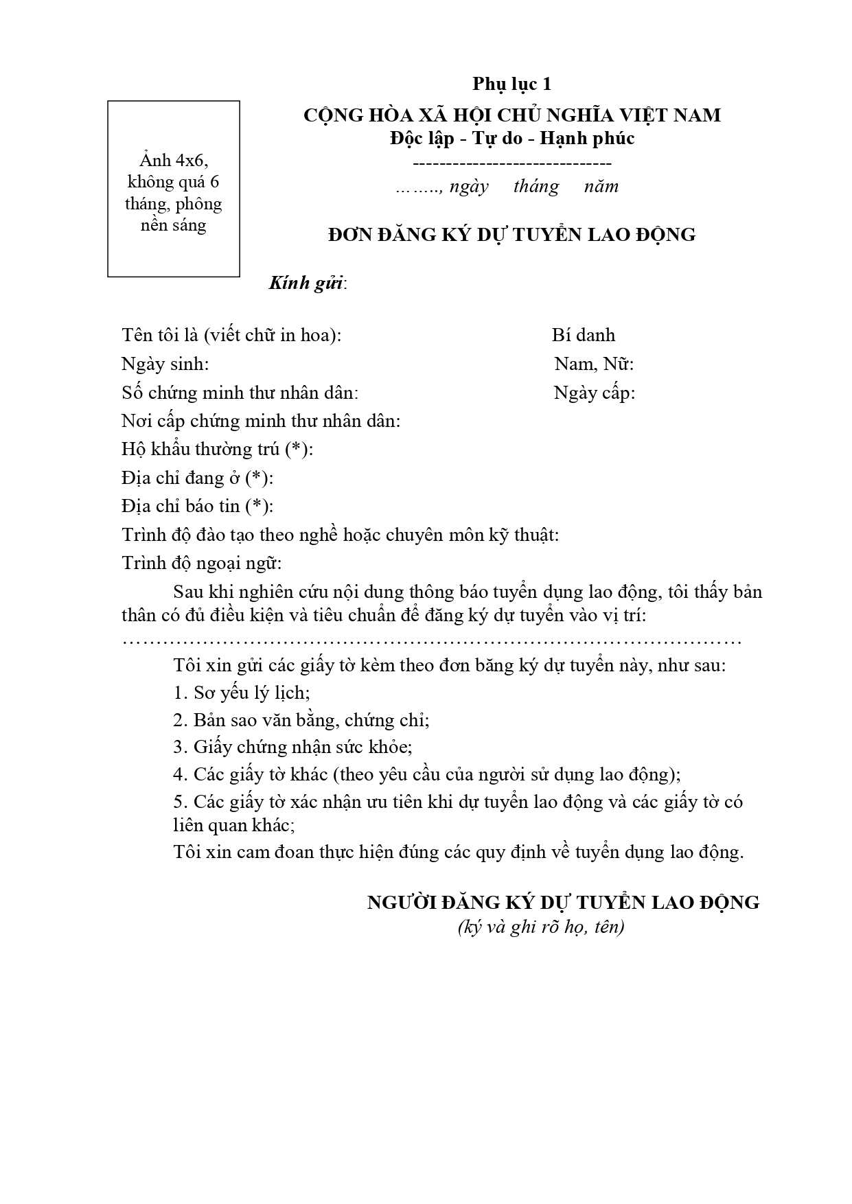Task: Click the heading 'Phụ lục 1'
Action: coord(511,84)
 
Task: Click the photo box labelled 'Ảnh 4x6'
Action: coord(173,189)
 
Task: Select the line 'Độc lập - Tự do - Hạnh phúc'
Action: coord(511,138)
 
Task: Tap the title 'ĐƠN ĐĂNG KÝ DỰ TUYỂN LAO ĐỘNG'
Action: coord(511,235)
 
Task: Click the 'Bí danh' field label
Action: coord(583,336)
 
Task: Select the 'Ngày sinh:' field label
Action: coord(165,364)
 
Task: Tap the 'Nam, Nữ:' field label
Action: coord(594,364)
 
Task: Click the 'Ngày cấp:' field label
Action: coord(594,393)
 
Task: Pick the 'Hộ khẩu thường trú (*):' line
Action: coord(217,450)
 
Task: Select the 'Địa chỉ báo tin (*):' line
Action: coord(197,507)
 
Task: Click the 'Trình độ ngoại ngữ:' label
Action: coord(202,564)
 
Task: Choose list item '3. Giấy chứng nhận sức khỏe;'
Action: coord(292,747)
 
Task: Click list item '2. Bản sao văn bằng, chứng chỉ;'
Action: coord(301,720)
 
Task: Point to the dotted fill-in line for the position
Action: coord(431,642)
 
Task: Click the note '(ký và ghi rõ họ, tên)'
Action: coord(540,927)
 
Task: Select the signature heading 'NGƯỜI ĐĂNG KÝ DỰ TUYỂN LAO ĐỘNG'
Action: coord(563,902)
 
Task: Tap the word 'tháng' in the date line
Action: coord(536,187)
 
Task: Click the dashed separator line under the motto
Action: coord(511,164)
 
